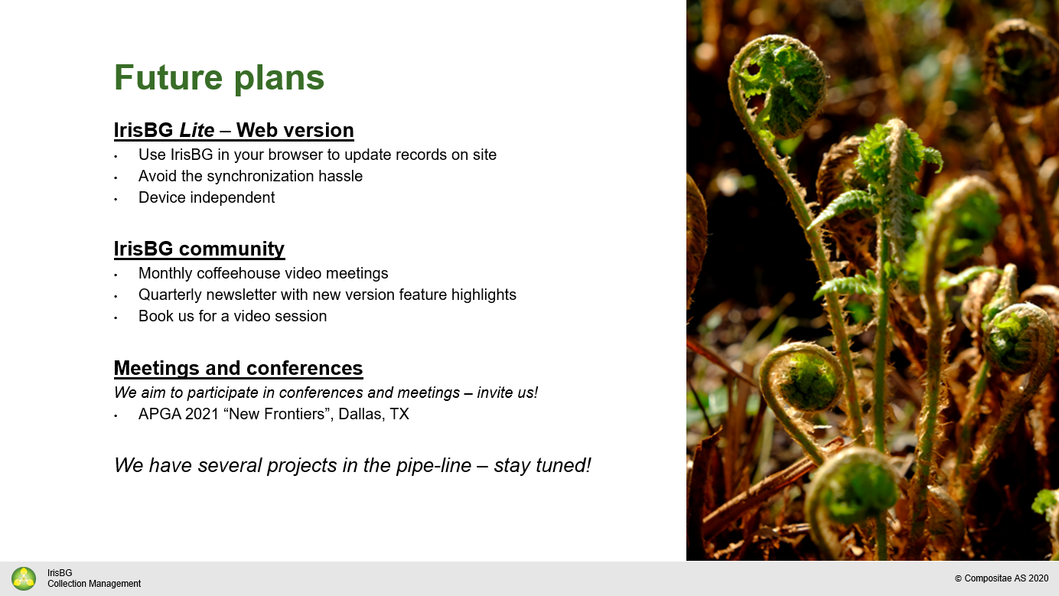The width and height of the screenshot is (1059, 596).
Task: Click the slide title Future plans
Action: coord(219,78)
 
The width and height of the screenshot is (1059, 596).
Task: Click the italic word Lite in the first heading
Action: coord(197,131)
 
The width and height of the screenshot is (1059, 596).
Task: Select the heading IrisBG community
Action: coord(199,249)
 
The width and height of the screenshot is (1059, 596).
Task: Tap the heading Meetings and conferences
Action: coord(238,368)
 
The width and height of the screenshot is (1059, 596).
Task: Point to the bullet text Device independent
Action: coord(206,197)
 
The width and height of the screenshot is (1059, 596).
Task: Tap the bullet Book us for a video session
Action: coord(233,316)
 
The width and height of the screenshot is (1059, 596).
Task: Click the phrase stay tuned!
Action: coord(543,465)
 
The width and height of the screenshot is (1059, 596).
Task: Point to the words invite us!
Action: coord(507,392)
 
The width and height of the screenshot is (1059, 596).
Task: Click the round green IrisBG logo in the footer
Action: coord(24,578)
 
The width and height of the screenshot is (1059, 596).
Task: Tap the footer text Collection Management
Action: coord(94,584)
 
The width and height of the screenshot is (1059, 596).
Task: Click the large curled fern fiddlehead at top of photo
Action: coord(780,84)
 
